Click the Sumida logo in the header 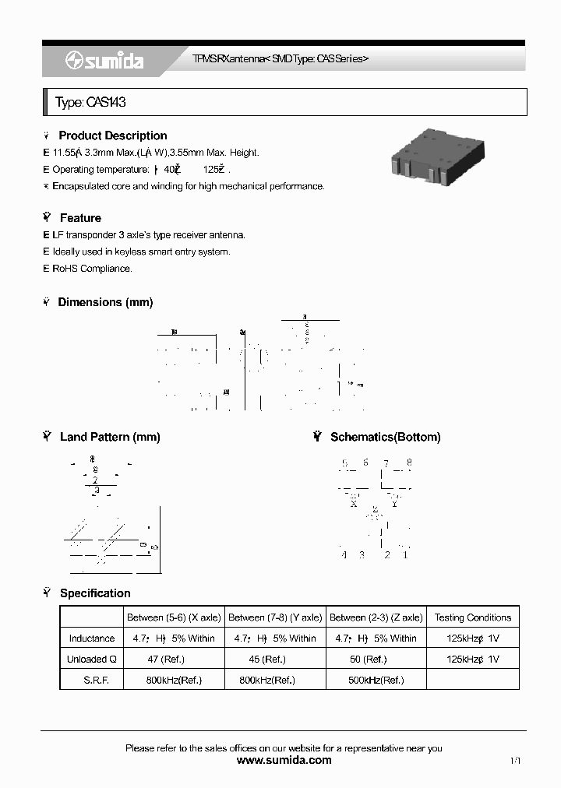pyautogui.click(x=105, y=62)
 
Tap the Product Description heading pyautogui.click(x=112, y=135)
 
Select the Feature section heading pyautogui.click(x=80, y=218)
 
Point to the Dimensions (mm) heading pyautogui.click(x=105, y=302)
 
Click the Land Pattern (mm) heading pyautogui.click(x=109, y=437)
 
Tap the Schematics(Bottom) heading pyautogui.click(x=385, y=437)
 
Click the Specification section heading pyautogui.click(x=95, y=593)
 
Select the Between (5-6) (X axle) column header pyautogui.click(x=174, y=617)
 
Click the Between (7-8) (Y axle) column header pyautogui.click(x=275, y=617)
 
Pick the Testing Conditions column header pyautogui.click(x=472, y=617)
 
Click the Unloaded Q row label pyautogui.click(x=92, y=659)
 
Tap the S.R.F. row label pyautogui.click(x=92, y=680)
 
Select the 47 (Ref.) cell pyautogui.click(x=174, y=659)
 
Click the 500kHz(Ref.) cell pyautogui.click(x=376, y=680)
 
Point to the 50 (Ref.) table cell pyautogui.click(x=376, y=659)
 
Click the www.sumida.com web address pyautogui.click(x=284, y=760)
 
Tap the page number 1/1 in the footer pyautogui.click(x=516, y=760)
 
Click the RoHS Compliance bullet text pyautogui.click(x=92, y=269)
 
